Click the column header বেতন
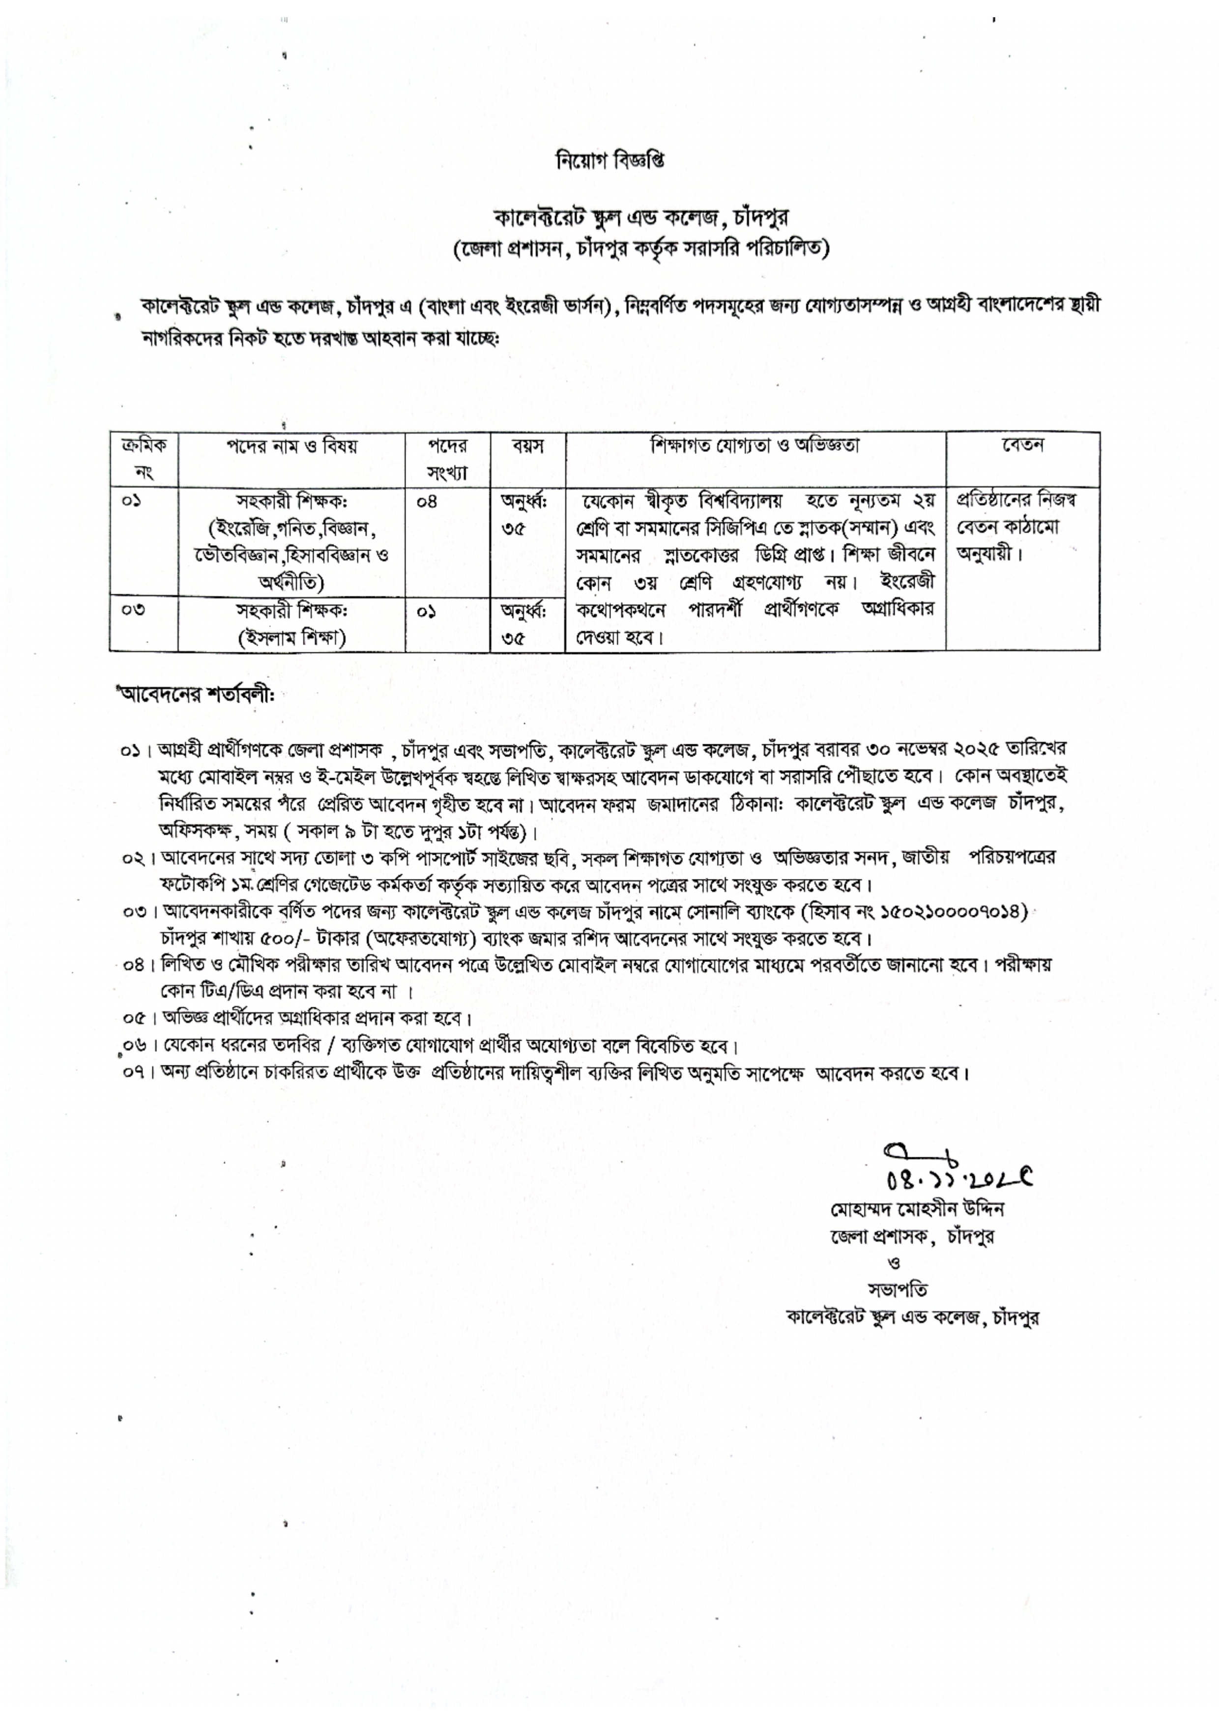click(1022, 445)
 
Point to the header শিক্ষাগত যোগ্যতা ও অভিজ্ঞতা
click(755, 445)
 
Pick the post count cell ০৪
click(427, 501)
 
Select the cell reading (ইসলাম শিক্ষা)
click(291, 638)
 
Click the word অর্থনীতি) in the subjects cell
click(291, 582)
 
